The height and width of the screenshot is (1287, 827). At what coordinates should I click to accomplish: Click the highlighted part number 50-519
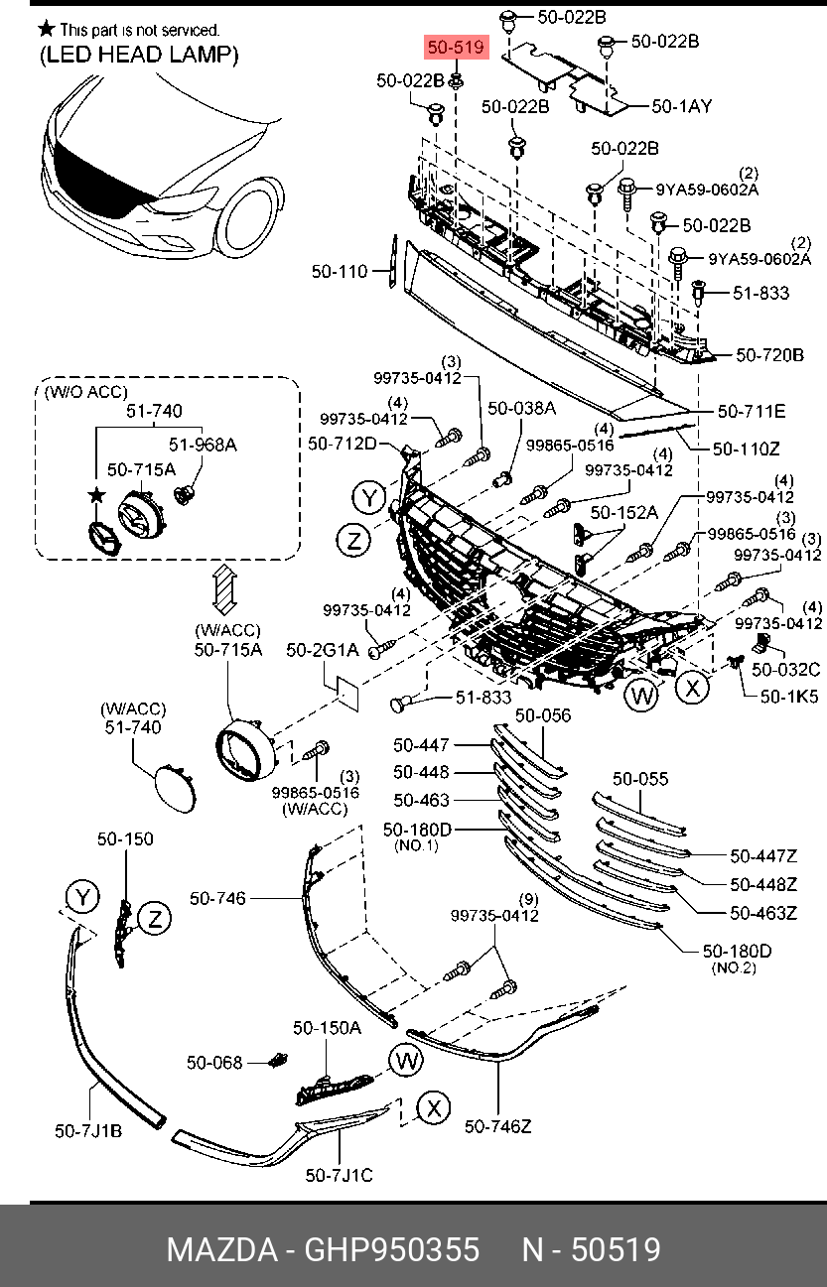(455, 48)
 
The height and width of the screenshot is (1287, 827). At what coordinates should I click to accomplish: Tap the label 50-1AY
(682, 105)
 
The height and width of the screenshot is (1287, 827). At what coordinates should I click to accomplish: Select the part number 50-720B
(769, 354)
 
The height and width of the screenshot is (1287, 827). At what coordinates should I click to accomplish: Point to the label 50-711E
(752, 411)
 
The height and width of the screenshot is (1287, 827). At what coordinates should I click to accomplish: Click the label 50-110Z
(747, 449)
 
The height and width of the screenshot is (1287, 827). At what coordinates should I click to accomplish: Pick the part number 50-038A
(521, 408)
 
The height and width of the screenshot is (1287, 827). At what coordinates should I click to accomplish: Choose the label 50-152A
(624, 512)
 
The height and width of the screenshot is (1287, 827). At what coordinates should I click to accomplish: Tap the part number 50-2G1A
(322, 650)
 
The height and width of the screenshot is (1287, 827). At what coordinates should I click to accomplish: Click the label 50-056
(543, 714)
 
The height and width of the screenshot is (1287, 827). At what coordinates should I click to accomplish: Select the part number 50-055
(640, 779)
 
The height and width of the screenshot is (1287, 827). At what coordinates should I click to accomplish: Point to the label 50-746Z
(498, 1126)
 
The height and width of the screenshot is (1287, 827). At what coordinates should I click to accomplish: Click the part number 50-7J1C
(339, 1176)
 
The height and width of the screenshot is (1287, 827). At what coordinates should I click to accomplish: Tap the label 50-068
(214, 1063)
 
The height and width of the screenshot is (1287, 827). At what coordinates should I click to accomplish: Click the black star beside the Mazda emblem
(96, 494)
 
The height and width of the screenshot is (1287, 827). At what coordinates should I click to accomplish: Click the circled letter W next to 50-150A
(406, 1061)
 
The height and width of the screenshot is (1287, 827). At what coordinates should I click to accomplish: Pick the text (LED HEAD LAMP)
(139, 56)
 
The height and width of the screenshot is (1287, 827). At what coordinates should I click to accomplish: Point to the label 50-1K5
(789, 697)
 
